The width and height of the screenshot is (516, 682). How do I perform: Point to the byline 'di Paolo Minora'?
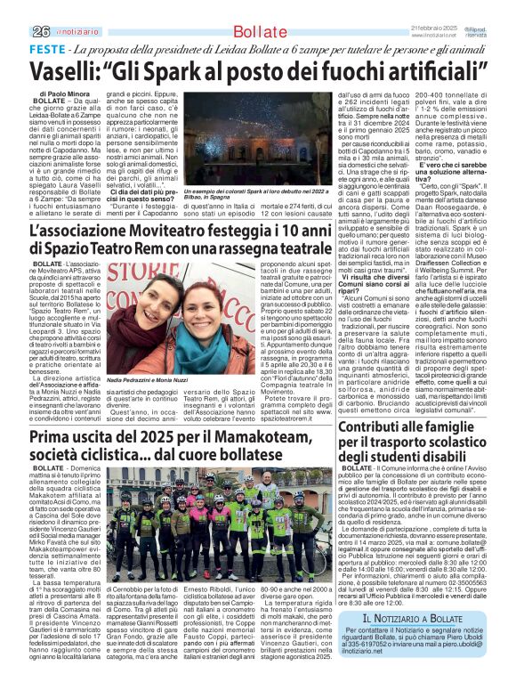coord(66,93)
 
